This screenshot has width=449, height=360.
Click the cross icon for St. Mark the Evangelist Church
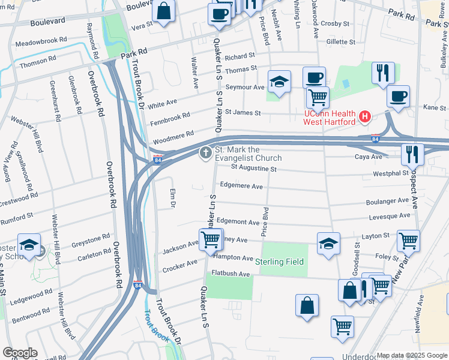pos(205,153)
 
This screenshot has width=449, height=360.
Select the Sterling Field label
pos(279,262)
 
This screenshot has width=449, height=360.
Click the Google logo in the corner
pos(20,353)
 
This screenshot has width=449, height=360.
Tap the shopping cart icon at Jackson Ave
pos(210,239)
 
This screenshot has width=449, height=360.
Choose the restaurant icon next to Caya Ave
pos(412,154)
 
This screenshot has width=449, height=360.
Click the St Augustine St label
pos(249,169)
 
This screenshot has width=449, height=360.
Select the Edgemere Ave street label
pos(241,186)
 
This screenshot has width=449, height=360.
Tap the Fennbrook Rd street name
pos(170,114)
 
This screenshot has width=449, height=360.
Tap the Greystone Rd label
pos(91,241)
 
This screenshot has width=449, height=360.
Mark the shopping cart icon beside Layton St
pos(408,241)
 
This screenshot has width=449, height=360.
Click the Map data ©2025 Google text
pos(412,355)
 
